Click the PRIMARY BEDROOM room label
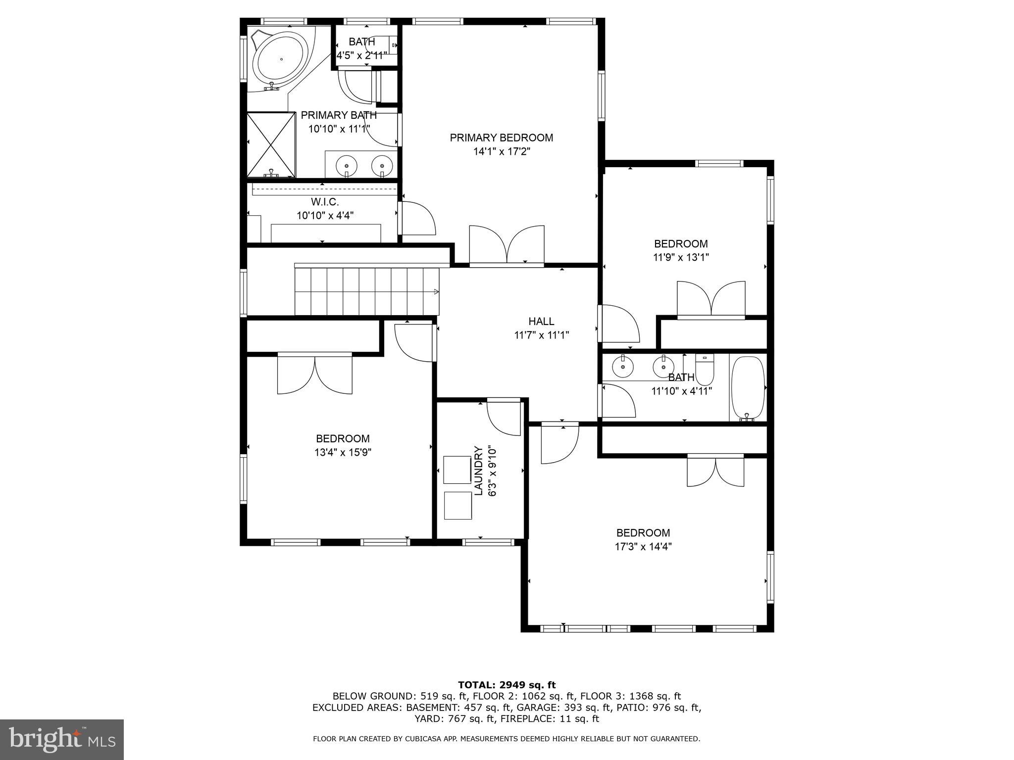pyautogui.click(x=501, y=138)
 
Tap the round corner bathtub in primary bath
pyautogui.click(x=280, y=59)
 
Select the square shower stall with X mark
pyautogui.click(x=271, y=144)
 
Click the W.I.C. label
pyautogui.click(x=325, y=202)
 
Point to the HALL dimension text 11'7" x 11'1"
pyautogui.click(x=541, y=335)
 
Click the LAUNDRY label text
pyautogui.click(x=478, y=470)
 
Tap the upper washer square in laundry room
pyautogui.click(x=457, y=470)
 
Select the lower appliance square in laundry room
pyautogui.click(x=457, y=505)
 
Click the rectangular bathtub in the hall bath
pyautogui.click(x=748, y=387)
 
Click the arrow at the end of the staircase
pyautogui.click(x=436, y=291)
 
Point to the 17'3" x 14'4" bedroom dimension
pyautogui.click(x=643, y=547)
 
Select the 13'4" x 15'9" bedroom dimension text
pyautogui.click(x=343, y=452)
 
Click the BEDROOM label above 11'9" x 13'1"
pyautogui.click(x=681, y=243)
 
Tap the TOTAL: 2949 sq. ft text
pyautogui.click(x=507, y=685)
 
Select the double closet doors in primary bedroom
pyautogui.click(x=507, y=245)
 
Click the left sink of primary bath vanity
pyautogui.click(x=347, y=165)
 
